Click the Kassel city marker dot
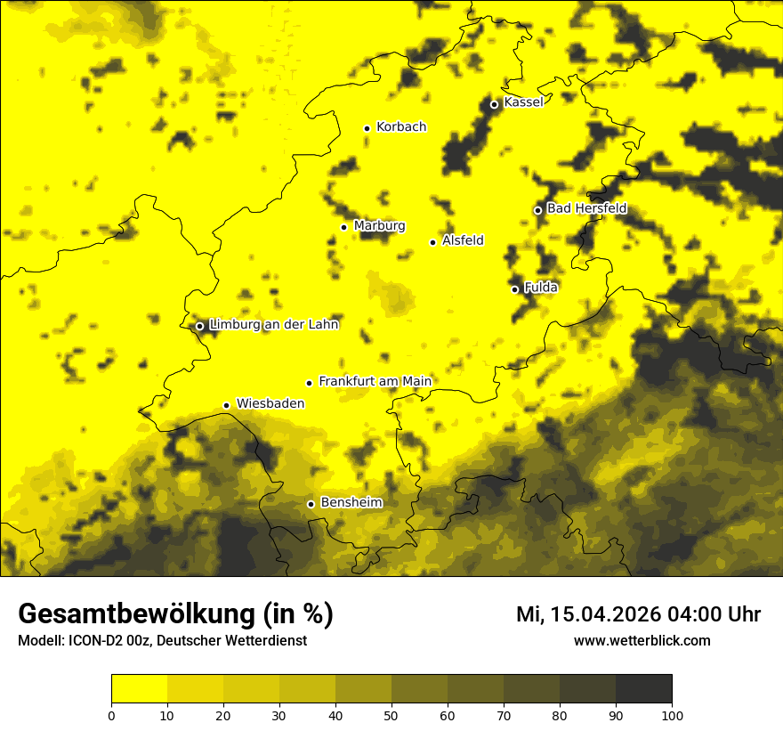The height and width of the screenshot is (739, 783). click(x=494, y=104)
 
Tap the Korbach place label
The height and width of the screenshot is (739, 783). click(x=401, y=126)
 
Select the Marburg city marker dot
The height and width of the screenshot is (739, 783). click(x=343, y=227)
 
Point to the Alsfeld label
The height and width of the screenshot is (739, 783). click(x=463, y=240)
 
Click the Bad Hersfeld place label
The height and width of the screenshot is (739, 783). click(x=586, y=208)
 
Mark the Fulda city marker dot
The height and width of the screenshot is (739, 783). click(x=514, y=289)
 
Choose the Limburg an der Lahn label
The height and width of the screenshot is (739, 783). click(x=274, y=325)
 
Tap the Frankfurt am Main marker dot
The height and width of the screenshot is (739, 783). click(x=310, y=383)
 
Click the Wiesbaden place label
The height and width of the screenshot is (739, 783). click(x=270, y=403)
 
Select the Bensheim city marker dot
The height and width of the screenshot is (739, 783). click(x=311, y=504)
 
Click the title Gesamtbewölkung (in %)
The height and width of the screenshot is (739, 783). click(x=175, y=613)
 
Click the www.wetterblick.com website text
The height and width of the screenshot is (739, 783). click(x=642, y=641)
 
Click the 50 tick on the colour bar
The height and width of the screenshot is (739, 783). click(x=391, y=714)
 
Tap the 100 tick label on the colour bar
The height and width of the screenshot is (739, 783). click(x=672, y=714)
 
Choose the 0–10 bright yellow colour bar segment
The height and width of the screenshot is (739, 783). click(x=140, y=689)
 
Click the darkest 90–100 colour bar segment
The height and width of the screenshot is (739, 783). click(x=643, y=689)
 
